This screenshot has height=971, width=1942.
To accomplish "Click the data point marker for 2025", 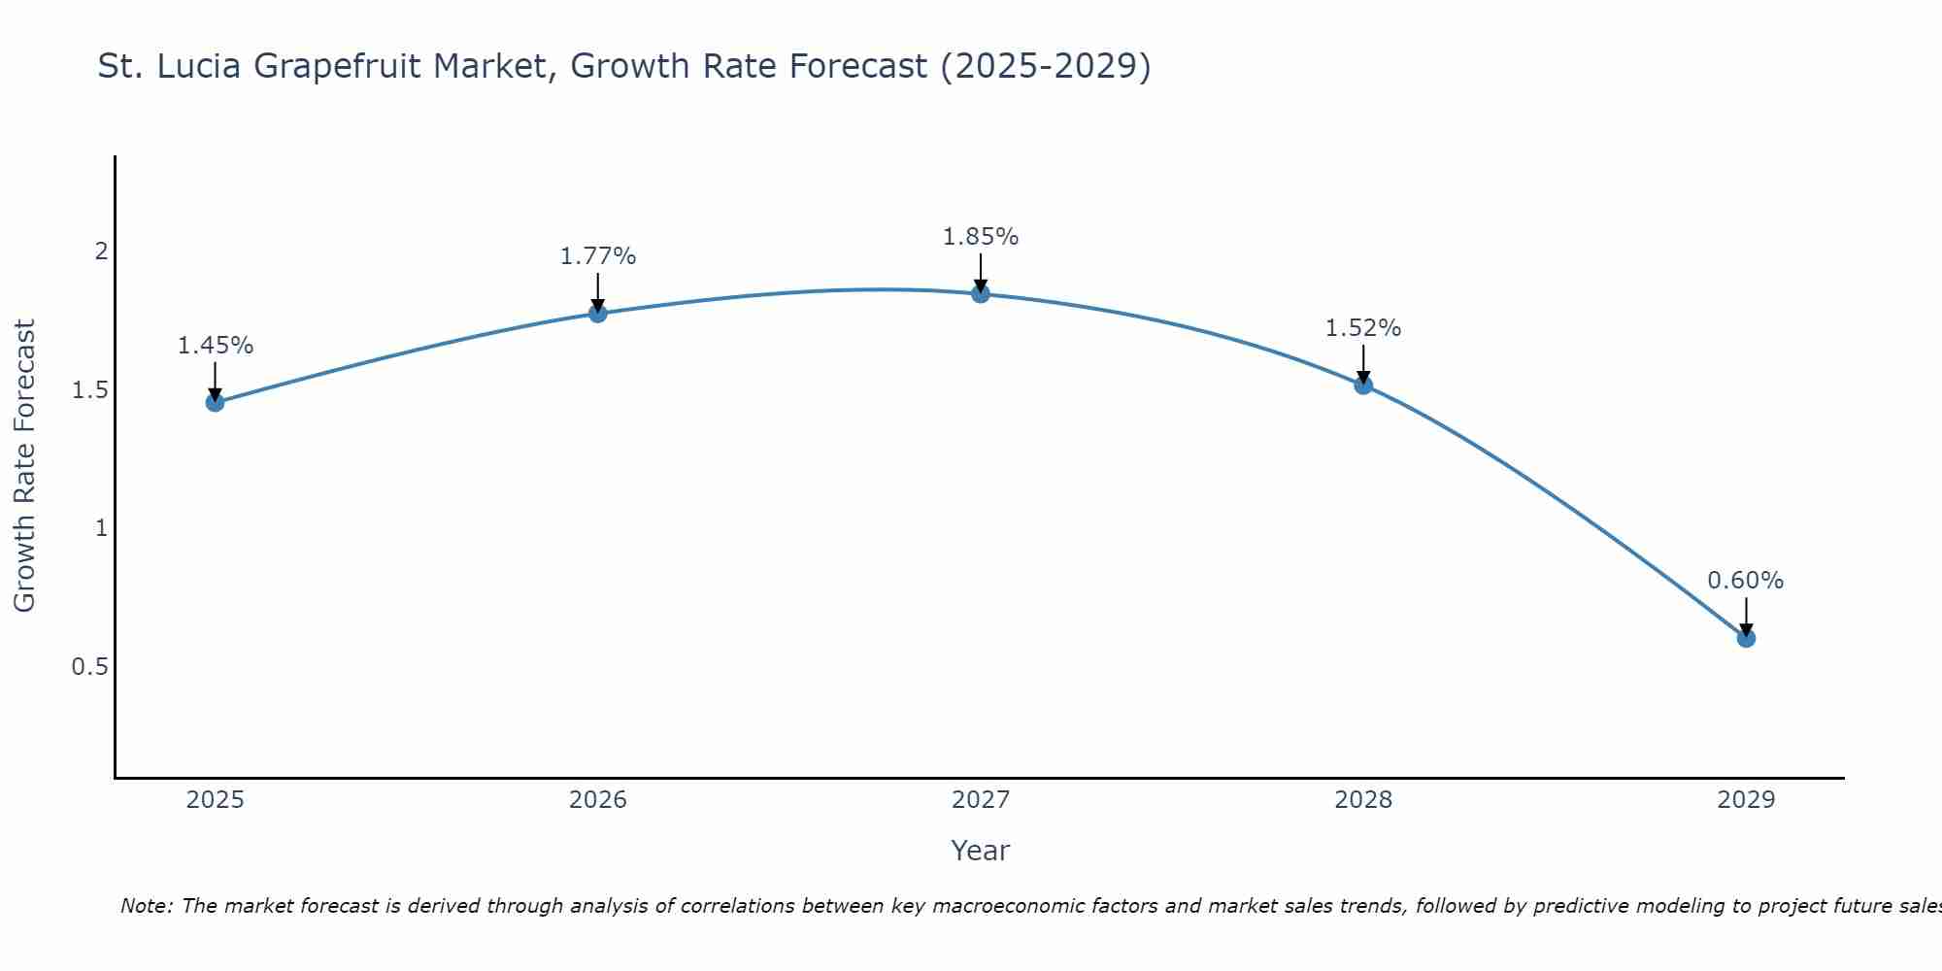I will pos(215,402).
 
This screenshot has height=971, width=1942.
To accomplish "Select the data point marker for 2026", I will pos(598,313).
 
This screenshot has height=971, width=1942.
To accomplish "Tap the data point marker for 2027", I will pos(981,293).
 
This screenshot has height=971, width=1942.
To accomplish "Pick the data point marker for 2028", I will pos(1363,385).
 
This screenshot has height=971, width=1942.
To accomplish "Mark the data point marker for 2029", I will pos(1746,638).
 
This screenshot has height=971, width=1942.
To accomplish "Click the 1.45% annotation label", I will pos(215,346).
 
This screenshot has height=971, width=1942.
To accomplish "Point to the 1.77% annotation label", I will pos(598,256).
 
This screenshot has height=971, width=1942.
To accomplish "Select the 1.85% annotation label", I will pos(981,237).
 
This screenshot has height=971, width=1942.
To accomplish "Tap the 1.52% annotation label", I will pos(1363,328).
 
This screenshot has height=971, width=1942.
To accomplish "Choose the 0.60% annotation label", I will pos(1746,581).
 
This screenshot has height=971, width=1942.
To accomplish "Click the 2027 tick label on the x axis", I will pos(981,800).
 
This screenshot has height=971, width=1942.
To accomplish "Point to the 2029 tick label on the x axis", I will pos(1746,800).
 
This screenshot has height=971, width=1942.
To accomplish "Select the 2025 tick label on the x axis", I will pos(215,800).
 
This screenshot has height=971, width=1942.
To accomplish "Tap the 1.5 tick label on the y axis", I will pos(89,390).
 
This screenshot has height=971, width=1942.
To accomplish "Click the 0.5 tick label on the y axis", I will pos(89,667).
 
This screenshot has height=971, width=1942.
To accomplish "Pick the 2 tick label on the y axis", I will pos(100,251).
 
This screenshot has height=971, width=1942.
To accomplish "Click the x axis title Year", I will pos(981,851).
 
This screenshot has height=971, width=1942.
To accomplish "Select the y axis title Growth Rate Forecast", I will pos(24,466).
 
